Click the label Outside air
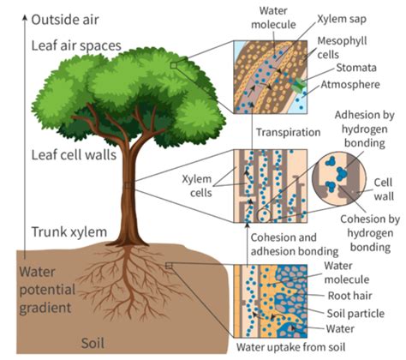tap(65, 20)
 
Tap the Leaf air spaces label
tap(76, 45)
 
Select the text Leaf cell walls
tap(74, 155)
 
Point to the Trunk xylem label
tap(69, 231)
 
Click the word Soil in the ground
tap(93, 343)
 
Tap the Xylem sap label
tap(342, 19)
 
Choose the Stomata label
tap(356, 68)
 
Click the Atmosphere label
tap(350, 84)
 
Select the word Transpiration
tap(288, 132)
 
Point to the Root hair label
tap(349, 296)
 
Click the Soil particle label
tap(355, 314)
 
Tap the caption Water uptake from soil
tap(290, 347)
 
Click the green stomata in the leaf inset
tap(300, 85)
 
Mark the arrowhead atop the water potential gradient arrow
tap(25, 18)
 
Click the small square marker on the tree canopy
tap(174, 65)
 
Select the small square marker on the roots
tap(169, 266)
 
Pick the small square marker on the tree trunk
tap(128, 185)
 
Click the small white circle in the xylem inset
tap(263, 216)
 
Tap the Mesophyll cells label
tap(342, 48)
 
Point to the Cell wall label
tap(384, 189)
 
